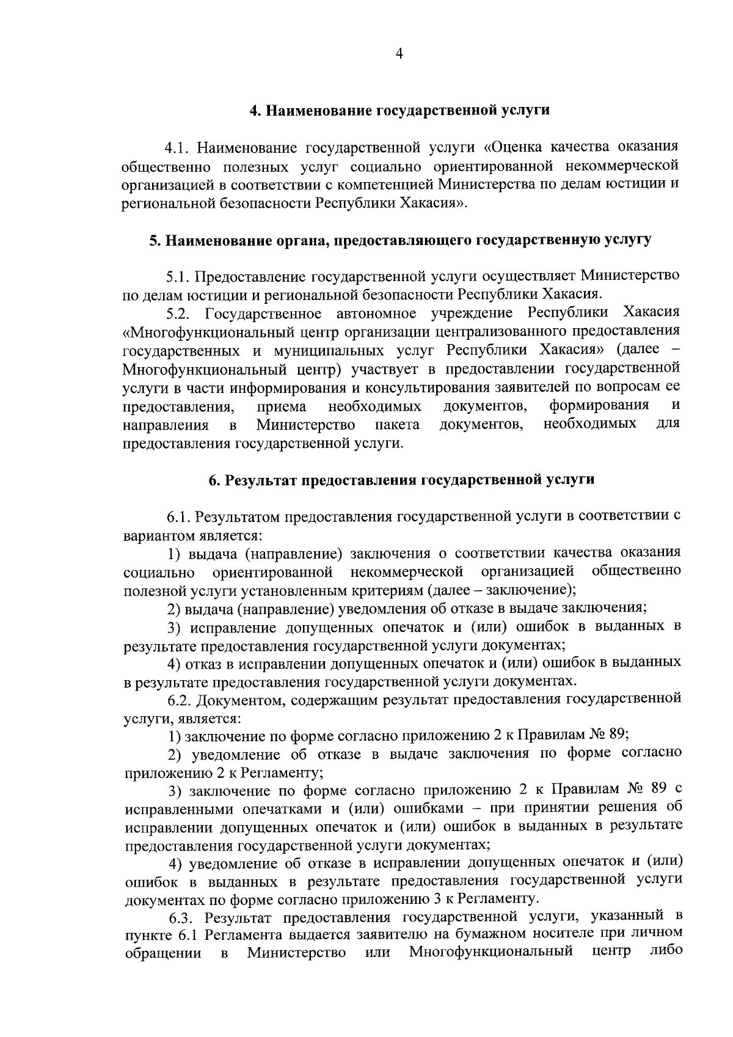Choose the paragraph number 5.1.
click(x=178, y=277)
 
